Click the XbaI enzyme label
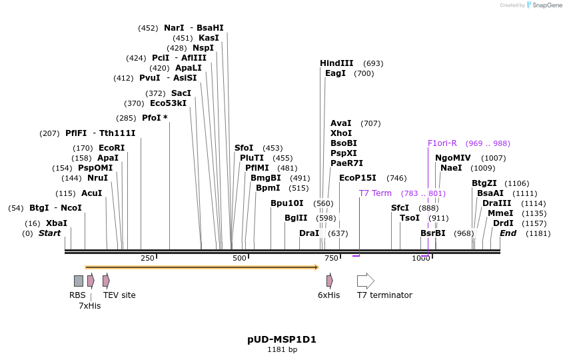[x=57, y=223]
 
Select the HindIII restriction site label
[x=336, y=63]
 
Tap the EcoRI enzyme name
[x=111, y=148]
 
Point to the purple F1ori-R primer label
[x=442, y=143]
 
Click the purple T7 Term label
[x=375, y=193]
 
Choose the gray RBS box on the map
[x=79, y=281]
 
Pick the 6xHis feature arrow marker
[x=330, y=281]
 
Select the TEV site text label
[x=119, y=295]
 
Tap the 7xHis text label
[x=89, y=306]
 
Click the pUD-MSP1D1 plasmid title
[x=282, y=339]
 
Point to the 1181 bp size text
[x=282, y=349]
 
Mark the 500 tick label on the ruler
[x=239, y=258]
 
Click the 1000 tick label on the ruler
[x=421, y=258]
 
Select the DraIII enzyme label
[x=496, y=203]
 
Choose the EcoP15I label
[x=358, y=178]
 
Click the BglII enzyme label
[x=296, y=218]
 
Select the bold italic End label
[x=508, y=233]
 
